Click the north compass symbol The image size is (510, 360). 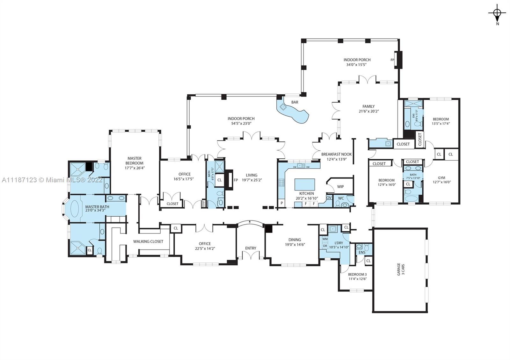tap(497, 13)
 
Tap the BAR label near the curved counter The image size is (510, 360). tap(295, 102)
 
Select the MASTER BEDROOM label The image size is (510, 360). tap(134, 161)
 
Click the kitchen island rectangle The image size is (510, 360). tap(304, 184)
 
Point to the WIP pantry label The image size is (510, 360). tap(340, 187)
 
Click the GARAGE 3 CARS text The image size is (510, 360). tap(401, 269)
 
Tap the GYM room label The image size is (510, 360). tap(441, 178)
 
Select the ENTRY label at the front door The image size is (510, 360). tap(251, 248)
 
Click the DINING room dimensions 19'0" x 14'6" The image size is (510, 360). tap(295, 245)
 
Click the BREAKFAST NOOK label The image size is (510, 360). tap(336, 154)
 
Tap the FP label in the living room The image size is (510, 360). tap(236, 180)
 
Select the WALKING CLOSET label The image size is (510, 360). tap(148, 241)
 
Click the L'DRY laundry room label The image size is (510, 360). tap(339, 243)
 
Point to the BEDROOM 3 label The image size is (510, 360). tap(357, 274)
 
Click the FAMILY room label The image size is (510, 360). tap(368, 106)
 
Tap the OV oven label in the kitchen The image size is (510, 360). tap(329, 198)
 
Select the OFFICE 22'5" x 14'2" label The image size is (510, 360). tap(205, 246)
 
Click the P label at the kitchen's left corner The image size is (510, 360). tap(282, 203)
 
